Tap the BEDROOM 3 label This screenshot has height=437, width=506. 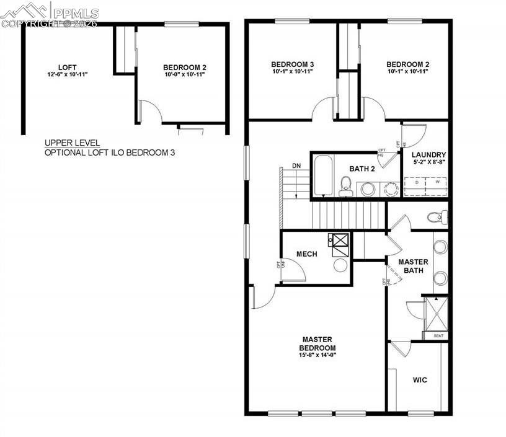293,64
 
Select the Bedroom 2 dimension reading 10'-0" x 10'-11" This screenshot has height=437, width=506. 184,74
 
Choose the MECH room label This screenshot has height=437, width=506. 307,254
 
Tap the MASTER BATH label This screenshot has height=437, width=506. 413,267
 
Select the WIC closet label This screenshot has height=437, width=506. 420,379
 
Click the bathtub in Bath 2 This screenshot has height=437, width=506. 322,176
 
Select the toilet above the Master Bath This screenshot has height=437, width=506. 437,217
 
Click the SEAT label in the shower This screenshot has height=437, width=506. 438,335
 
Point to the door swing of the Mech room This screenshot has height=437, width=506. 294,270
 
